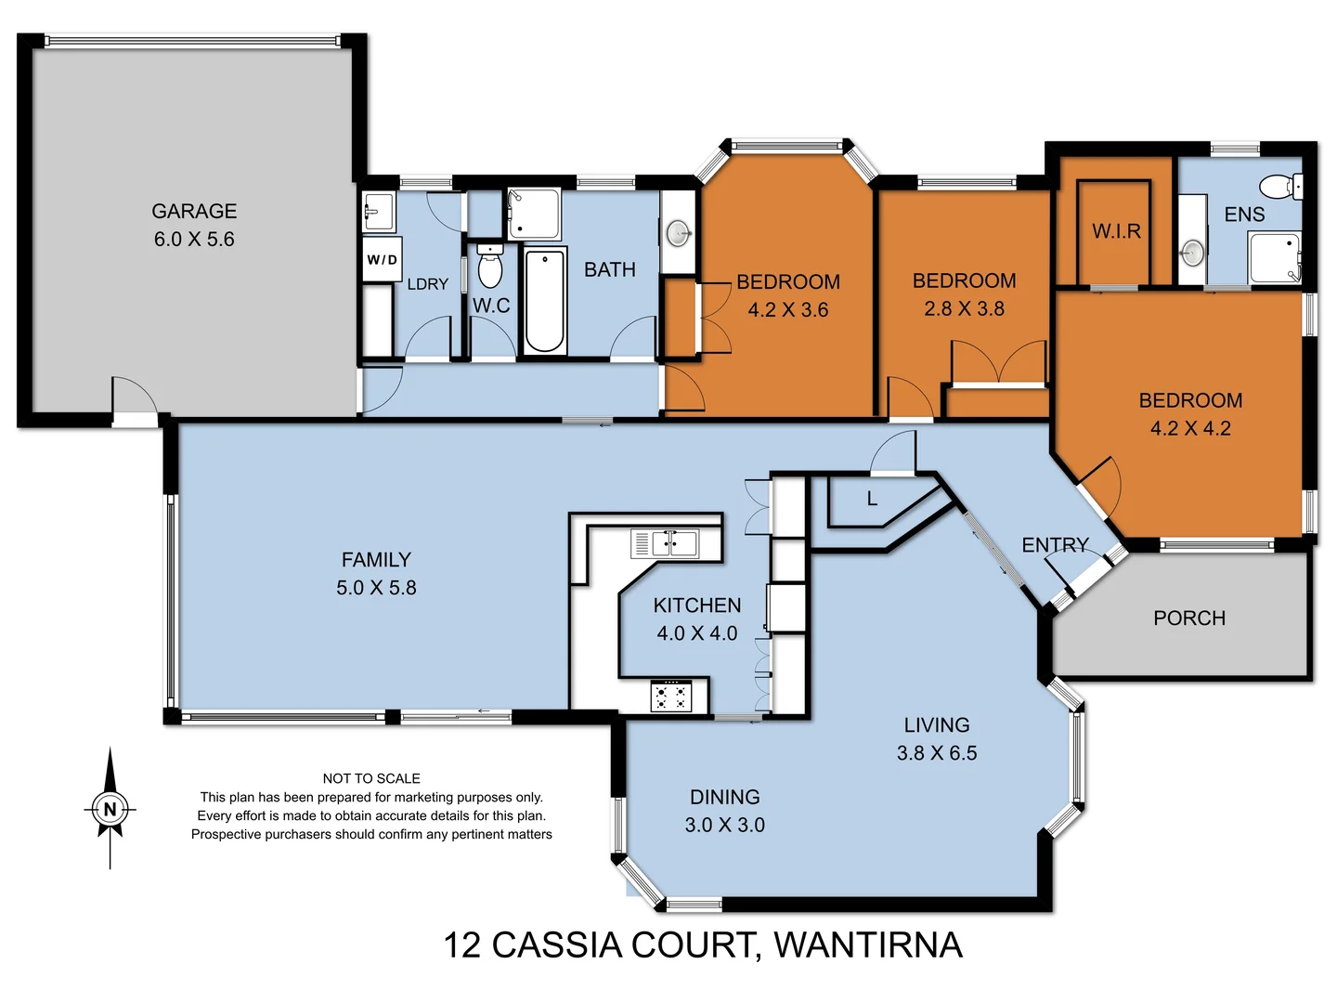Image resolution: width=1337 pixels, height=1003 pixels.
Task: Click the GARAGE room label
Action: (x=194, y=212)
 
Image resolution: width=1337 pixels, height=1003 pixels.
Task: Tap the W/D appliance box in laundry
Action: (x=382, y=260)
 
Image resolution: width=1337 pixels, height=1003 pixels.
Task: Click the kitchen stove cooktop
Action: (x=671, y=696)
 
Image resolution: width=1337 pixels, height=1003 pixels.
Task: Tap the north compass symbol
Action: (x=110, y=808)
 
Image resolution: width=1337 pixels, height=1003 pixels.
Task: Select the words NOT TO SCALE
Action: (x=371, y=778)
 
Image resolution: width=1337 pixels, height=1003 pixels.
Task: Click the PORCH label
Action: (x=1189, y=619)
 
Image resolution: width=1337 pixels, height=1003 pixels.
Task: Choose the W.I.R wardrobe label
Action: (x=1116, y=231)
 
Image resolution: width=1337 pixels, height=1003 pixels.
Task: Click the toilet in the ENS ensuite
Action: (x=1284, y=186)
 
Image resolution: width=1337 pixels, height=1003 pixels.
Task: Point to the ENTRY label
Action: (x=1055, y=545)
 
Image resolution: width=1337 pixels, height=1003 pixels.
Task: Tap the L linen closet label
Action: (x=872, y=500)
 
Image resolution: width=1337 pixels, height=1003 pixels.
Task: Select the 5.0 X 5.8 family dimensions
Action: (x=376, y=588)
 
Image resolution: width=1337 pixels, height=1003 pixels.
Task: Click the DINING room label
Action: (x=724, y=797)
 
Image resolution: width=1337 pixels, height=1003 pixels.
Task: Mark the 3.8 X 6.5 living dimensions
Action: (x=937, y=753)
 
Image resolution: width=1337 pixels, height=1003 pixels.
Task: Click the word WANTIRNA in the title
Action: (x=868, y=945)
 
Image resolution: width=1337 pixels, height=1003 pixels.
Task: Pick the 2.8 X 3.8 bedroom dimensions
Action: (x=964, y=309)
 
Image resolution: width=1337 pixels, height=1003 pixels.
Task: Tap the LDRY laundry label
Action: (x=427, y=284)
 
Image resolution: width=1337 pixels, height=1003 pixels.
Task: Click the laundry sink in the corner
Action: (x=378, y=212)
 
